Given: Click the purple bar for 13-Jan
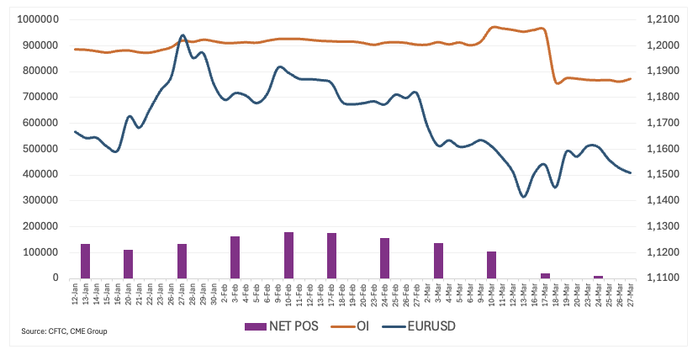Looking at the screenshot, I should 85,261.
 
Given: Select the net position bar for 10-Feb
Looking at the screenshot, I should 289,255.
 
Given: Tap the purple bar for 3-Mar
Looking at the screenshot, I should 438,260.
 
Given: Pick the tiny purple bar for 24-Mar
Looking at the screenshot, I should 598,276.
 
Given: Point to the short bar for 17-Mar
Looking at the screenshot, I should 545,275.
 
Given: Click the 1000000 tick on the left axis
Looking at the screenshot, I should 35,19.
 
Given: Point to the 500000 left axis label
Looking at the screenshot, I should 39,148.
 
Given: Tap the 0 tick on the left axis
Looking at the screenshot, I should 56,278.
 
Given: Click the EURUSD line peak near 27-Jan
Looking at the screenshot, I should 182,35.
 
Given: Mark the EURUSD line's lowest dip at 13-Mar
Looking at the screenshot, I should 523,197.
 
